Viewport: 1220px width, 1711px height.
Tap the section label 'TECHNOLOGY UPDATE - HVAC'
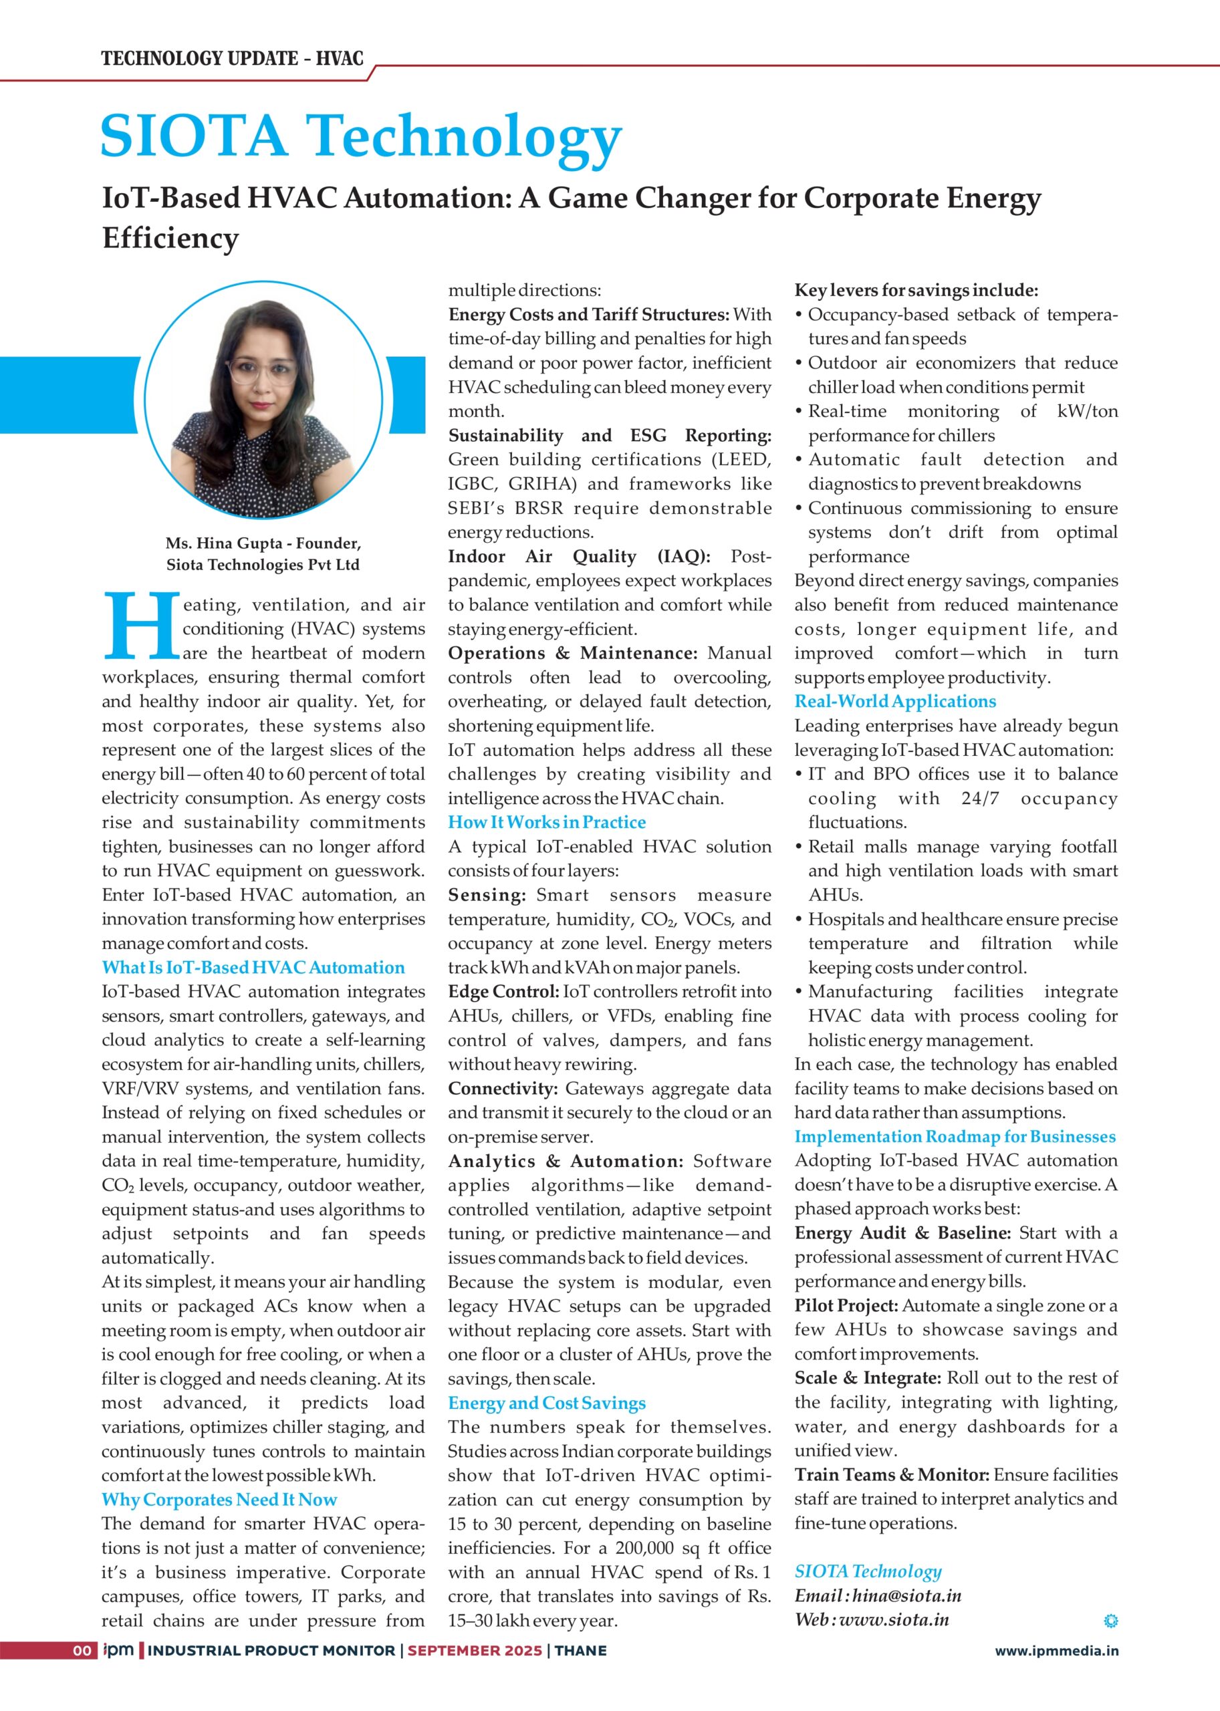[232, 59]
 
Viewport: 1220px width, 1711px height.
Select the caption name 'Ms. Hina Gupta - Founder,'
[263, 543]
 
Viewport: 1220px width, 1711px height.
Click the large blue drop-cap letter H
[140, 626]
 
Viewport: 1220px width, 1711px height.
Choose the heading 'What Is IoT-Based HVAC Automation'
[253, 967]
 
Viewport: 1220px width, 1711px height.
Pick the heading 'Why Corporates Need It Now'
[219, 1500]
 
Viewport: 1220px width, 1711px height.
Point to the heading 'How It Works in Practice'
[547, 823]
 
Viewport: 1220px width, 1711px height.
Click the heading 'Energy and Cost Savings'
[547, 1403]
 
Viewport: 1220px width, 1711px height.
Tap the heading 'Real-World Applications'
[894, 702]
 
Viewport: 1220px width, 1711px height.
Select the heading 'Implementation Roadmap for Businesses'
[955, 1136]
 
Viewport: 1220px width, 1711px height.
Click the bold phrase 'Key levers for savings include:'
[917, 291]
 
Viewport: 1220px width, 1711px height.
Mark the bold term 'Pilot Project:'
[846, 1306]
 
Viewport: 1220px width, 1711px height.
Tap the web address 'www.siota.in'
[893, 1619]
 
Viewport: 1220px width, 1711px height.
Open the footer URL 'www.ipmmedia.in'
[1056, 1651]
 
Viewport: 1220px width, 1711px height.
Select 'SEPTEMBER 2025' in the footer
[475, 1651]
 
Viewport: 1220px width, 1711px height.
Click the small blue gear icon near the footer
[1110, 1621]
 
